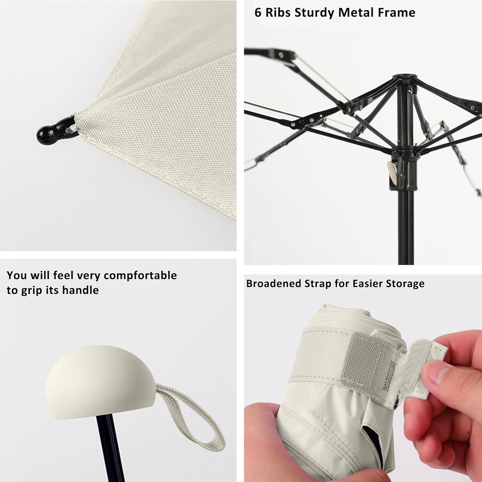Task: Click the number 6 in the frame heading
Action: [x=258, y=13]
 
